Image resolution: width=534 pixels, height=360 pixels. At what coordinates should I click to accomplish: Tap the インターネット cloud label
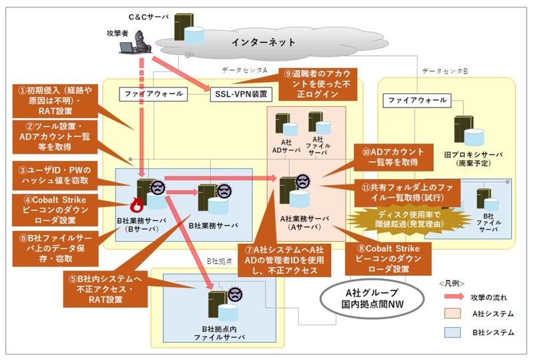(x=263, y=42)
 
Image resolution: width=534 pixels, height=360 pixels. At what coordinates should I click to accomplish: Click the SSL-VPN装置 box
(x=234, y=94)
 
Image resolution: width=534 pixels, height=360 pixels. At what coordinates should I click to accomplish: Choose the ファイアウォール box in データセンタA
(x=152, y=94)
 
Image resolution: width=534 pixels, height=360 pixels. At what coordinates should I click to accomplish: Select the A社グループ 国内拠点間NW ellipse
(x=366, y=297)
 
